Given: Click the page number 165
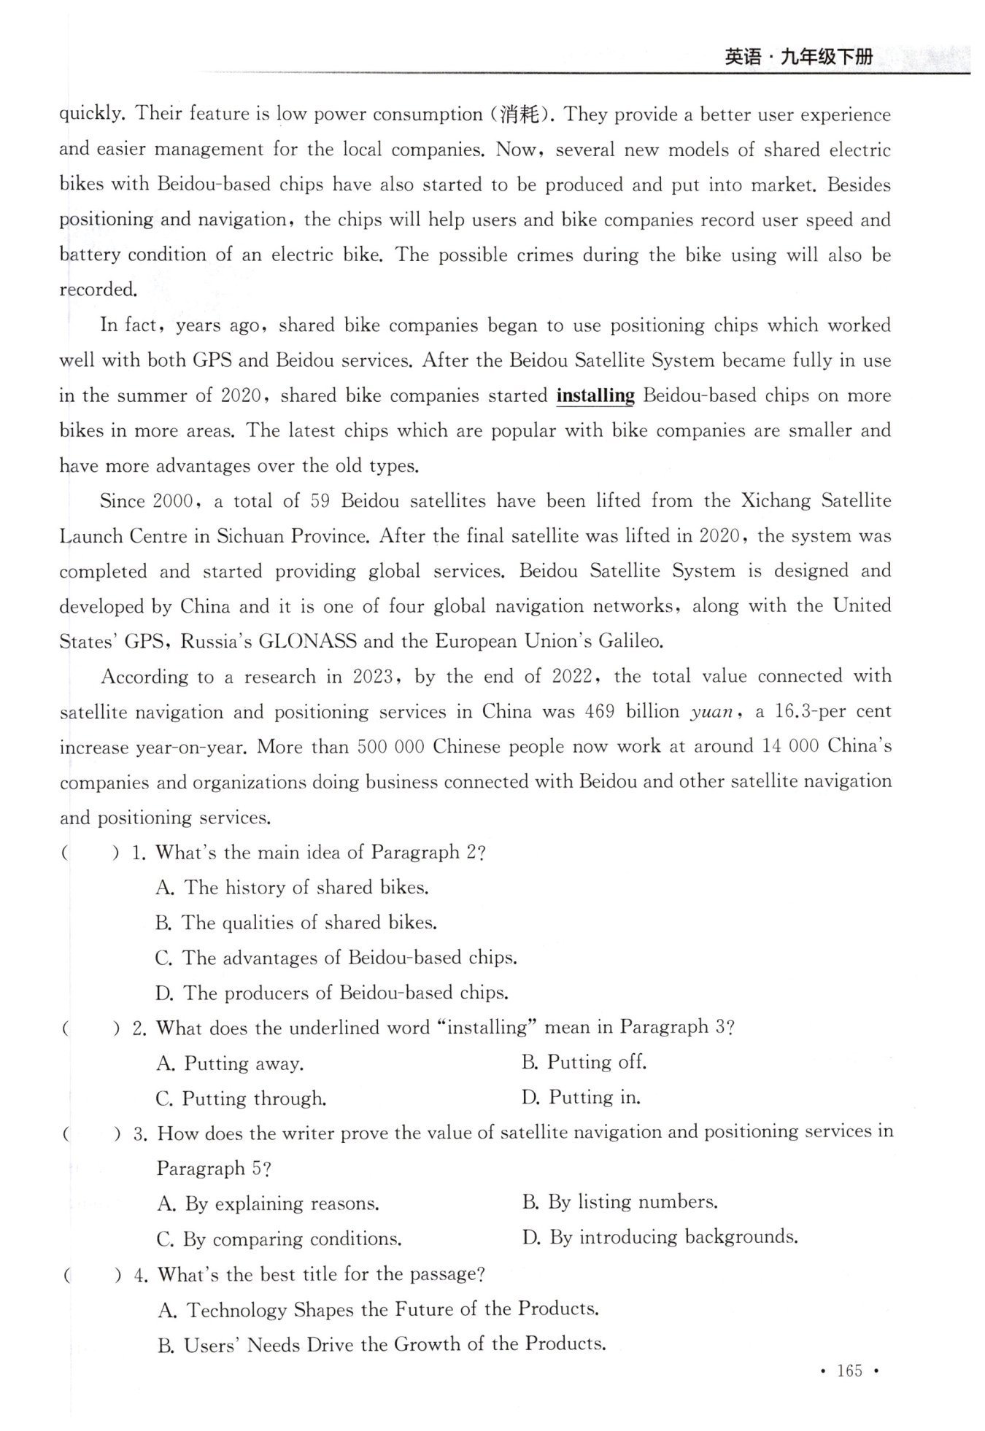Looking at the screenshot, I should (849, 1370).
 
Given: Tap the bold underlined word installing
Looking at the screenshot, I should (595, 395).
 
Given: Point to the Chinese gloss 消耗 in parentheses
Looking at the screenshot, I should (519, 115).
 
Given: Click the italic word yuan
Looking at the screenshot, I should (711, 712).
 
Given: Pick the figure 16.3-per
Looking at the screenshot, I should (806, 711).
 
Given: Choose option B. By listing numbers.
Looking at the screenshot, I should (620, 1201).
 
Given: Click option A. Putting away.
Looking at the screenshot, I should (230, 1063).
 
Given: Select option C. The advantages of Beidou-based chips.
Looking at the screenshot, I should (336, 958).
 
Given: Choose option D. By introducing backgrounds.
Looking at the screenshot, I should (660, 1237).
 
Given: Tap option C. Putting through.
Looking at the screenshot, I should (242, 1098).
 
